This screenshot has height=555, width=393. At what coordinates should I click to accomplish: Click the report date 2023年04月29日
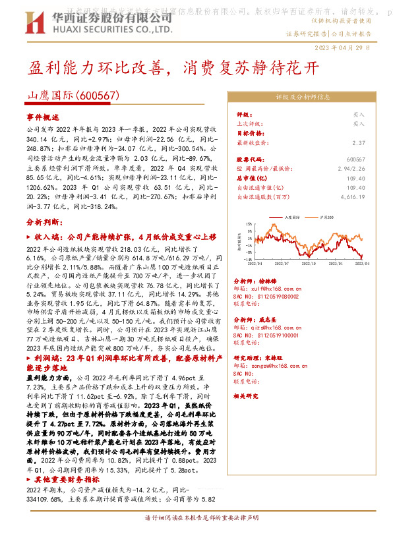coord(353,47)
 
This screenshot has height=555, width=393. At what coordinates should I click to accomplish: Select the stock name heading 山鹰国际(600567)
coord(73,96)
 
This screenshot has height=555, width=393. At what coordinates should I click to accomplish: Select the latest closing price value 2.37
coord(359,142)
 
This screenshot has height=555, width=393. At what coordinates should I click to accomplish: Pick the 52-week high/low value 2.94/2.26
coord(351,169)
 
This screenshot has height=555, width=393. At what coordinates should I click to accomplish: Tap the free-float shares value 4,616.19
coord(353,197)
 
